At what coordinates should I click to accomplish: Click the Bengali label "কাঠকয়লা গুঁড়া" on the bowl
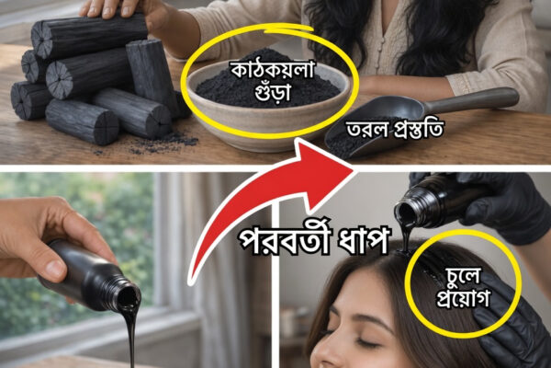[272, 81]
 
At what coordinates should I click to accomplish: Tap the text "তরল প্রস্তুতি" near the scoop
[395, 130]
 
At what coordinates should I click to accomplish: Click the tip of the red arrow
[354, 171]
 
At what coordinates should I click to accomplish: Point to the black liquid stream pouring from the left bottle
[129, 338]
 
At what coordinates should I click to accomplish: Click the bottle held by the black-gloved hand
[433, 201]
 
